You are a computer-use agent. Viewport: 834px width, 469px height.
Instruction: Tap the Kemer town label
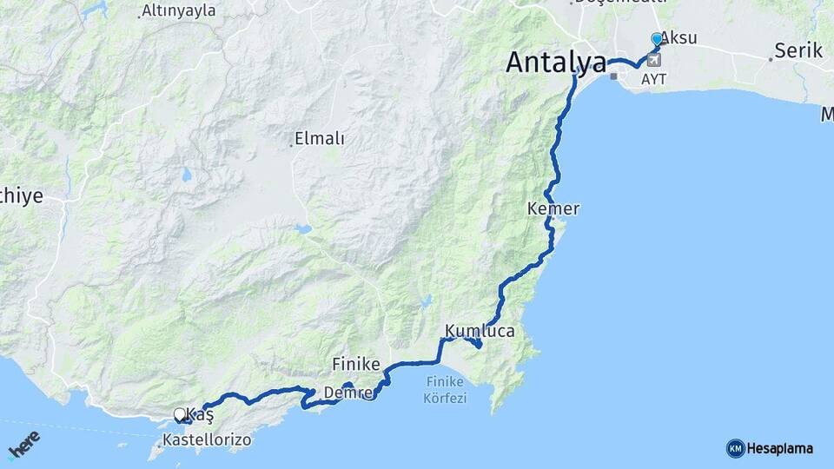[x=553, y=209]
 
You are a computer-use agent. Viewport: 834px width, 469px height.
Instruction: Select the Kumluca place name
[x=480, y=331]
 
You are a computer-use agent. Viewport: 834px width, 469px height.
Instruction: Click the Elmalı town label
[x=320, y=138]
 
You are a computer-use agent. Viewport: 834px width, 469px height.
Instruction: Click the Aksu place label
[x=678, y=37]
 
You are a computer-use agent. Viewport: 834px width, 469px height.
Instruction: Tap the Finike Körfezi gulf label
[x=447, y=390]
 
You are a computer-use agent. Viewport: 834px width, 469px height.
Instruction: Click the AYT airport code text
[x=654, y=78]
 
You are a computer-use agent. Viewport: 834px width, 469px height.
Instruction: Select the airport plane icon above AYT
[x=652, y=60]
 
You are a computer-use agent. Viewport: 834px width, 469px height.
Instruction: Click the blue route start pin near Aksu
[x=657, y=40]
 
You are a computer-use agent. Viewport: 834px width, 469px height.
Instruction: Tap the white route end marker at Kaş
[x=180, y=414]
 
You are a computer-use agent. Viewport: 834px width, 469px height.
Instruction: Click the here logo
[x=23, y=445]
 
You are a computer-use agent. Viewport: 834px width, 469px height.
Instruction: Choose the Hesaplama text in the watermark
[x=780, y=449]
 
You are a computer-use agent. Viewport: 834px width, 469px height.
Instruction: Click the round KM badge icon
[x=736, y=449]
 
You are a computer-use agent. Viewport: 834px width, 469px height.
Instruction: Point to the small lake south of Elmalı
[x=301, y=230]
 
